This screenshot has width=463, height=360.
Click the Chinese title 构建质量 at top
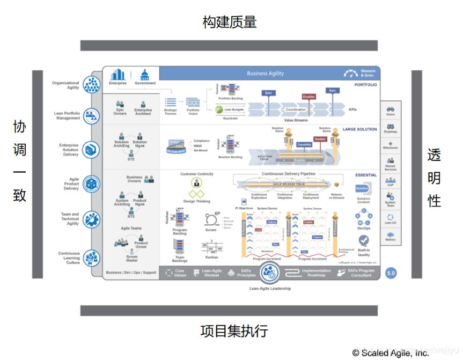coord(230,21)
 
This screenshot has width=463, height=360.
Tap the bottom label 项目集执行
coord(234,330)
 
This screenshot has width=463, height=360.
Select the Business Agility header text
coord(265,74)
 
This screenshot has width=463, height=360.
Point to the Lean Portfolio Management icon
coord(92,115)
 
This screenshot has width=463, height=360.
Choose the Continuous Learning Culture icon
coord(92,258)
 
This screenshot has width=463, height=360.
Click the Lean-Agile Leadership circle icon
coord(270,273)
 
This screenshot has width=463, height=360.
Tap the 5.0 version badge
coord(391,273)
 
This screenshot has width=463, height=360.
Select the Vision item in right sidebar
coord(391,111)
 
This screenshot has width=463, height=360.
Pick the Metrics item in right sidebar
coord(391,236)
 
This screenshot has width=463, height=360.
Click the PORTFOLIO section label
coord(365,85)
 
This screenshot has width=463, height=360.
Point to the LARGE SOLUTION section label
coord(359,129)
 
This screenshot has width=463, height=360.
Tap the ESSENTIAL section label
coord(366,175)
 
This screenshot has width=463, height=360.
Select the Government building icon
coord(145,75)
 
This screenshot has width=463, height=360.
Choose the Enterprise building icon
coord(117,74)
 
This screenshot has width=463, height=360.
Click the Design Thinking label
coord(196,201)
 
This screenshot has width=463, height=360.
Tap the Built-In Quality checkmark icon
coord(364,240)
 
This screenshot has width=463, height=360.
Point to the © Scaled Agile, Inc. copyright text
coord(390,353)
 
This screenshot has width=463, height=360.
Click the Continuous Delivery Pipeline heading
coord(289,174)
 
